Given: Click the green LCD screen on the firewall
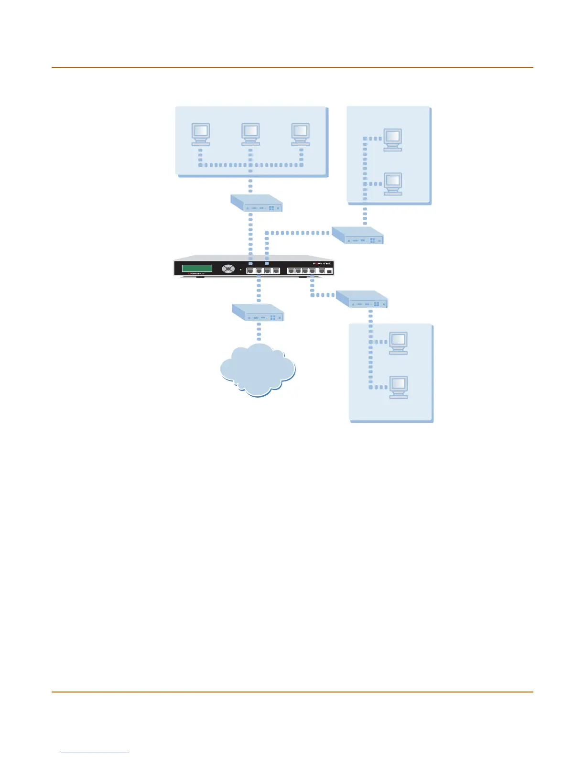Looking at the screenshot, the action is pos(197,268).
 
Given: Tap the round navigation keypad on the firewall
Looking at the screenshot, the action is pos(228,269).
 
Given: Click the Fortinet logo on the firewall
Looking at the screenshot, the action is pos(322,263).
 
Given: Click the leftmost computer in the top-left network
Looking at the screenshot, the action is pos(201,134).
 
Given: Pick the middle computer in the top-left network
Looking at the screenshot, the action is pos(250,134).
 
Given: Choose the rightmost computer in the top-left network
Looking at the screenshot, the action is pos(301,134).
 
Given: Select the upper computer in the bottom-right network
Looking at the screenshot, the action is pos(399,343).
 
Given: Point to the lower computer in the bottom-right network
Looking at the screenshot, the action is pos(399,387).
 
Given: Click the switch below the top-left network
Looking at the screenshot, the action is pos(257,203).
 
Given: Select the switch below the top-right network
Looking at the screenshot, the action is pos(357,235).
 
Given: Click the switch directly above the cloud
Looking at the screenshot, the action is pos(258,313).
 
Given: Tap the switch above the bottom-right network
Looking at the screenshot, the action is pos(362,299).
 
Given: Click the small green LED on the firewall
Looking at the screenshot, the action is pos(240,270).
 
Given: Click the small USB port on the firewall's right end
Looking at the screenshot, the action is pos(329,271).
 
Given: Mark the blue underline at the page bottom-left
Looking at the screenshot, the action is pos(95,753).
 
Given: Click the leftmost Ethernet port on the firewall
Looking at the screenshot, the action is pos(250,271).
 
